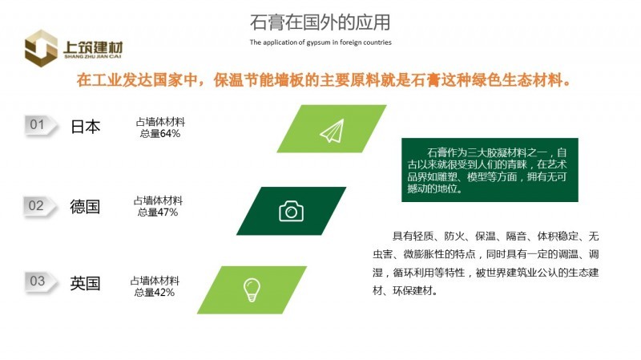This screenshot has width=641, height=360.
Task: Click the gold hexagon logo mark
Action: [41, 48]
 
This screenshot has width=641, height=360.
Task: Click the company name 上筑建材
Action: [93, 47]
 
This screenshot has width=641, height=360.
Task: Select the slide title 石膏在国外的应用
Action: [320, 22]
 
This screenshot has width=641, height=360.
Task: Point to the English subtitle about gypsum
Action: [320, 42]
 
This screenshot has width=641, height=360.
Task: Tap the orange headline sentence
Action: [324, 79]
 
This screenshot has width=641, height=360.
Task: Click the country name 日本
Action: [86, 127]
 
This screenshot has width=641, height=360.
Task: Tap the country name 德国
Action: [85, 207]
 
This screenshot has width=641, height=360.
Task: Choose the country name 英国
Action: [85, 283]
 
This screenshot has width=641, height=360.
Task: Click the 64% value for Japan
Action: [170, 134]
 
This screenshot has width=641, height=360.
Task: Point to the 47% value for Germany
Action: [167, 212]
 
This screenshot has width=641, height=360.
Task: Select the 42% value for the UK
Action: [164, 293]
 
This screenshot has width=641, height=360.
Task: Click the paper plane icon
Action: [332, 131]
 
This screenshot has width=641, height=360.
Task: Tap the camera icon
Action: [291, 211]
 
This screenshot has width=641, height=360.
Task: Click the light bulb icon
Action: [252, 289]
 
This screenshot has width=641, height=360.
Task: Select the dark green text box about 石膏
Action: [490, 170]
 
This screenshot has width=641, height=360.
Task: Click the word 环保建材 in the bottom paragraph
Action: [413, 291]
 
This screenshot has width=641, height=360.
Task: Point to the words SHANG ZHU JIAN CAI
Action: [93, 56]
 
